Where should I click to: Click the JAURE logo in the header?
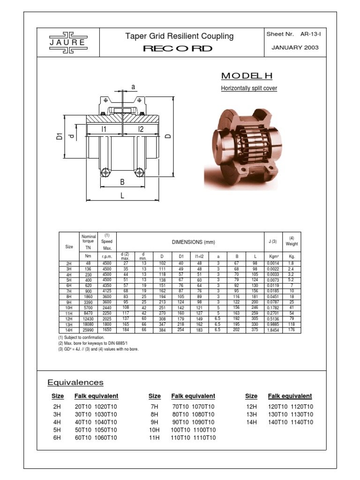point(68,42)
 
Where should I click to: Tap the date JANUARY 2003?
point(295,48)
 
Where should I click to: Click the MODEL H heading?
point(247,76)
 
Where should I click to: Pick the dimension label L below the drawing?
point(122,195)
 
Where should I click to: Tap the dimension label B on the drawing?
point(122,182)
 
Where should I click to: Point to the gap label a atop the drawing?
point(133,87)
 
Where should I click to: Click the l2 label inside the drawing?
point(141,129)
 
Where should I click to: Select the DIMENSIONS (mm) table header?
point(190,242)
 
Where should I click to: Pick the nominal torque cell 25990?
point(87,330)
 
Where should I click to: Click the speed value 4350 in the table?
point(107,285)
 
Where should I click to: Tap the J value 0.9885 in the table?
point(272,324)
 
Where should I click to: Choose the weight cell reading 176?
point(292,330)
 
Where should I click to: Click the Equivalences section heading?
point(75,383)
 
